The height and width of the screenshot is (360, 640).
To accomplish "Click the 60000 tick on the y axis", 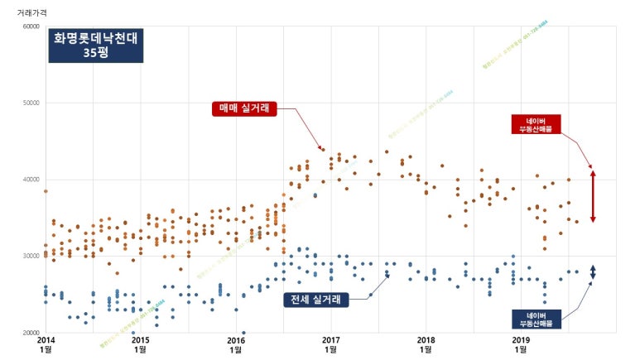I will click(x=30, y=26).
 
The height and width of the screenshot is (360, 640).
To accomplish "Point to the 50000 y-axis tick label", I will click(x=30, y=103).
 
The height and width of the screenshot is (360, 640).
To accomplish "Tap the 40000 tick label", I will click(x=30, y=180).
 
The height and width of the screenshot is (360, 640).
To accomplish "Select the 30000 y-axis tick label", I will click(x=30, y=256).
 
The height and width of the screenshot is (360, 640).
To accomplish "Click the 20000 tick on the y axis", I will click(x=30, y=333).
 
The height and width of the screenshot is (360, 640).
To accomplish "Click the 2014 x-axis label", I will click(x=46, y=339).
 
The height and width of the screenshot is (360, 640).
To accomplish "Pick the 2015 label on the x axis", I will click(x=141, y=339).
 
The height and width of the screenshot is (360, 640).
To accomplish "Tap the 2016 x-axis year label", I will click(x=236, y=339).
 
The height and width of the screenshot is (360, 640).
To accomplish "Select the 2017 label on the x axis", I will click(x=331, y=339).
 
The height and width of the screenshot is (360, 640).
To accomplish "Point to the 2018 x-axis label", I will click(x=426, y=339).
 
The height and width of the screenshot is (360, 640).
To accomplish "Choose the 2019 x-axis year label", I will click(x=521, y=339).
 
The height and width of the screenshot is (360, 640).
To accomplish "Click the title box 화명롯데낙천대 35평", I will click(x=95, y=45).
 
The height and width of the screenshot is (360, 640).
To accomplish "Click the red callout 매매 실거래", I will click(x=245, y=108).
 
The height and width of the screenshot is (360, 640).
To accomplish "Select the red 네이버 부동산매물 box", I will click(x=536, y=124).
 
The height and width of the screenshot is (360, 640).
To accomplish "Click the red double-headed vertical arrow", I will click(x=593, y=195).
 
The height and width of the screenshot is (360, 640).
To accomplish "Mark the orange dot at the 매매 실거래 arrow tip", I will click(x=323, y=150).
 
